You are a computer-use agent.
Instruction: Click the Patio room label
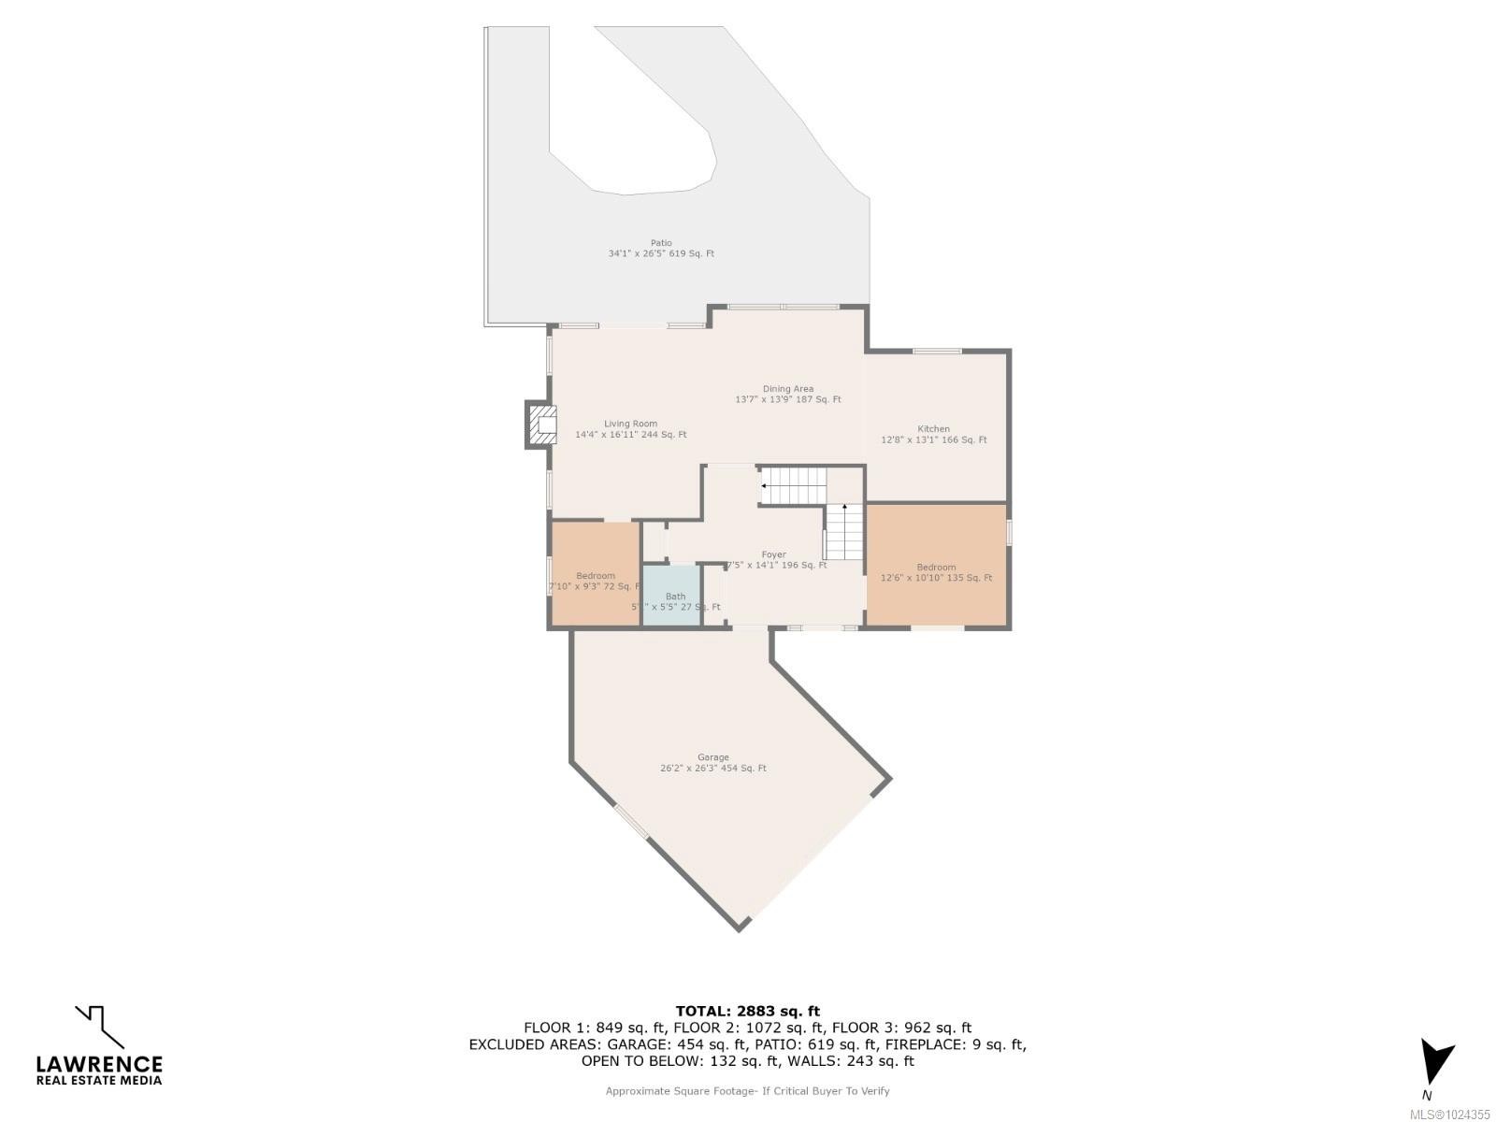[x=661, y=248]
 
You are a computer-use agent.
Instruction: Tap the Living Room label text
[x=630, y=428]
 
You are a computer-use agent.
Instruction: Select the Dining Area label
[x=787, y=394]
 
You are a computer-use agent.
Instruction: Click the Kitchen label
[x=933, y=434]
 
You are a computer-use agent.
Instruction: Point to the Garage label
[x=712, y=762]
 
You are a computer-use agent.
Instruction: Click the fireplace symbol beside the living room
[x=540, y=426]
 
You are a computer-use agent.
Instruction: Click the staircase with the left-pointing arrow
[x=793, y=486]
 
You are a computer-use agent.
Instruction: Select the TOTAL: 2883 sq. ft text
[x=747, y=1011]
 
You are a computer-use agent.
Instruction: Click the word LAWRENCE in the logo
[x=99, y=1064]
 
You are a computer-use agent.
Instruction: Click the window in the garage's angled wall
[x=631, y=821]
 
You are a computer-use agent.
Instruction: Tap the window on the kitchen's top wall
[x=937, y=351]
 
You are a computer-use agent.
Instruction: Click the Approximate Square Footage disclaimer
[x=747, y=1091]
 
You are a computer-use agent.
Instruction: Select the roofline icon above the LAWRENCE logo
[x=99, y=1026]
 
